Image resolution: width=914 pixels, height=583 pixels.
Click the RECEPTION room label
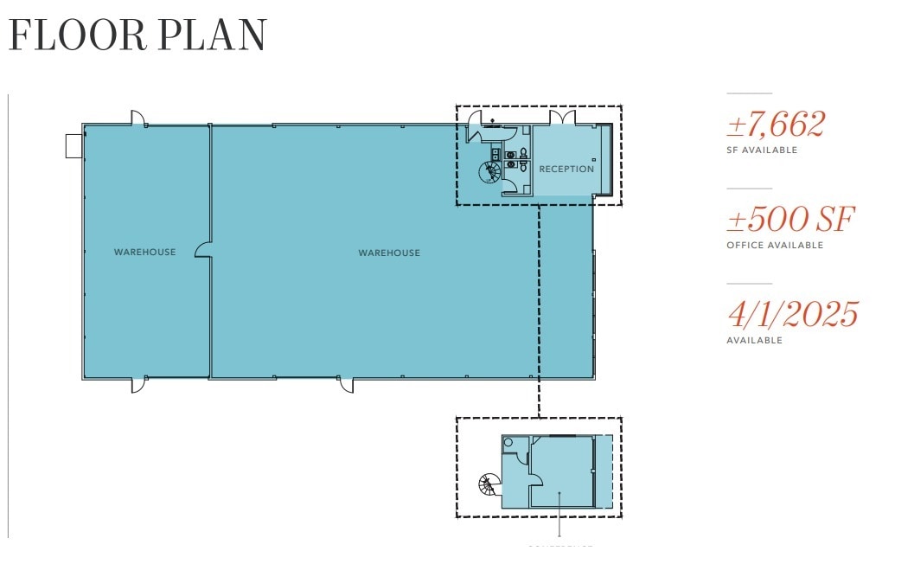click(x=566, y=169)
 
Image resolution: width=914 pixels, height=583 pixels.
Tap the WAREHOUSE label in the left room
click(x=144, y=253)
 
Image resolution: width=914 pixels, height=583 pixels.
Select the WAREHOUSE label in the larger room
click(x=389, y=253)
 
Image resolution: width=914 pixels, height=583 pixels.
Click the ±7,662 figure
click(x=776, y=125)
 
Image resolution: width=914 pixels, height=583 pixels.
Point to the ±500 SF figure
click(x=790, y=220)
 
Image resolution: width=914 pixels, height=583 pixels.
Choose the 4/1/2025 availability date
click(x=792, y=314)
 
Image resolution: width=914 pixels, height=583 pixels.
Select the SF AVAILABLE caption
click(x=761, y=151)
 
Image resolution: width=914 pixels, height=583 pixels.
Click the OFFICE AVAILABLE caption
click(x=775, y=246)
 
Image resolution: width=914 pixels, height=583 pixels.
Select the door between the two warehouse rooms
click(x=204, y=250)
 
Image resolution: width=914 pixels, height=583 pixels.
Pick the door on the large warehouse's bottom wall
click(x=347, y=384)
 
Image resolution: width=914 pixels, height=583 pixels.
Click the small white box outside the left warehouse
click(x=74, y=146)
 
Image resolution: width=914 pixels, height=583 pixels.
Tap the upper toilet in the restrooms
click(x=523, y=154)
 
